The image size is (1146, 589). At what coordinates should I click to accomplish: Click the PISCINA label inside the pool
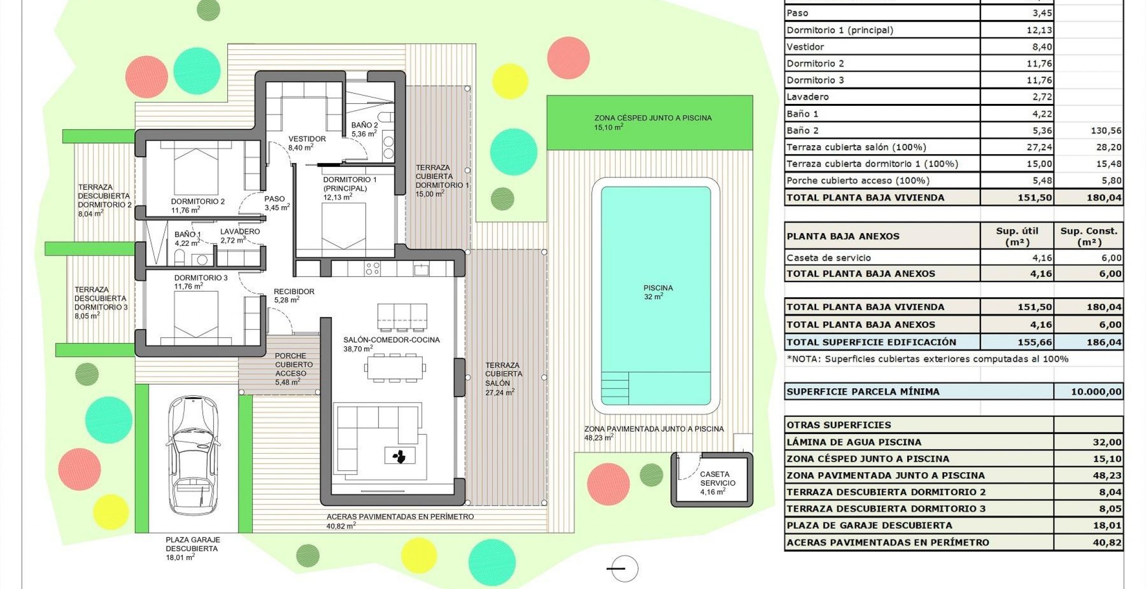pos(658,288)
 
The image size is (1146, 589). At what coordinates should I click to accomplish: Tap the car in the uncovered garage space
pos(193,455)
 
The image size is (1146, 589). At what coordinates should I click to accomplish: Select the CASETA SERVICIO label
pos(717,479)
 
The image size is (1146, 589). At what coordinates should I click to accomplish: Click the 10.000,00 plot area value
pos(1096,392)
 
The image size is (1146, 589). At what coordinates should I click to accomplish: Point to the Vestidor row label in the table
pos(805,47)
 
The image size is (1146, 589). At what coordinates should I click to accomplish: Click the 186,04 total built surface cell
pos(1104,342)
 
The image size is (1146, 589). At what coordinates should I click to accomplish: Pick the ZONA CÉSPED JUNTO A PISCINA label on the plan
pos(653,118)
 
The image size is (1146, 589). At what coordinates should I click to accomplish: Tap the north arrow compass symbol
pos(624,569)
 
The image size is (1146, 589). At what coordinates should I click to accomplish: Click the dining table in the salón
pos(395,368)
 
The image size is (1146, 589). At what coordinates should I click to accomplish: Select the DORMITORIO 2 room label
pos(197,202)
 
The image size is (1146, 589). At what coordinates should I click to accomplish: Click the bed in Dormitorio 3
pos(196,315)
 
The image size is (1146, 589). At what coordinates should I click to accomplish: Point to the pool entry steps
pos(615,388)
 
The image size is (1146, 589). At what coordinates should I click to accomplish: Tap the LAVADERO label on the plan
pos(240,232)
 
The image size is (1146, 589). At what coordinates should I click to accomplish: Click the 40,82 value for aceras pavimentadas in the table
pos(1107,543)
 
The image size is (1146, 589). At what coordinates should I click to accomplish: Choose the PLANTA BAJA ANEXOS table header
pos(843,236)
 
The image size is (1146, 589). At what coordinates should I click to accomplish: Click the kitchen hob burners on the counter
pos(373,269)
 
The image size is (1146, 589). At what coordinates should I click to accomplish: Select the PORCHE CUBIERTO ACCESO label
pos(293,364)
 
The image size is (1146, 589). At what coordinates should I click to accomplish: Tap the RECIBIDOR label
pos(293,292)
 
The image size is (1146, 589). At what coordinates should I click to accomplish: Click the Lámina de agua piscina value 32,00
pos(1107,442)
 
